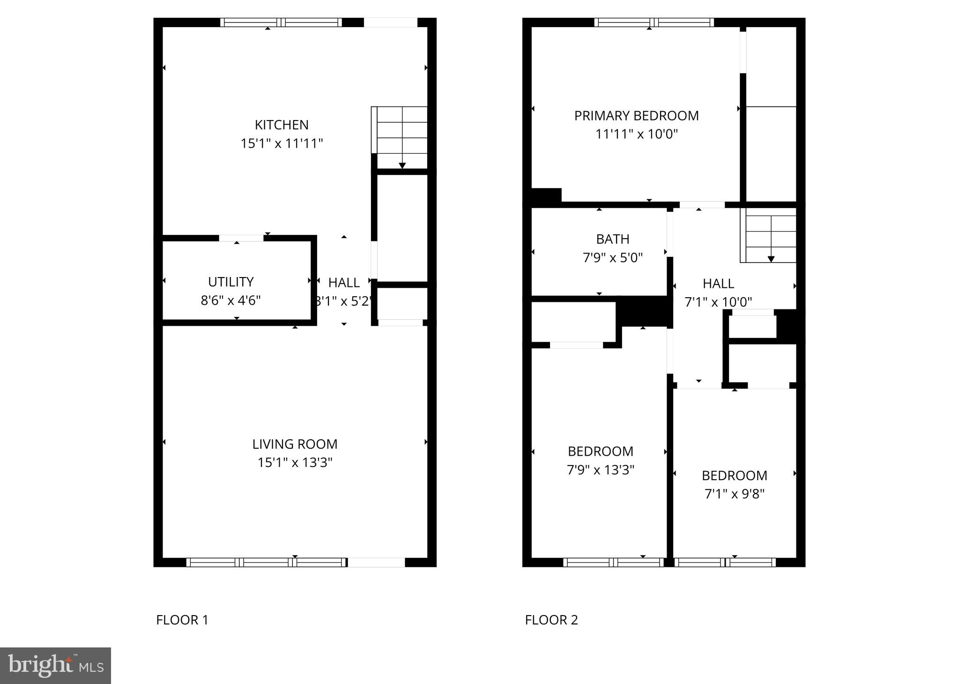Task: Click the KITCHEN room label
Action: click(282, 125)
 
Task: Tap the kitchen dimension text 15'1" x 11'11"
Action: click(282, 143)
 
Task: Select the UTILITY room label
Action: click(230, 282)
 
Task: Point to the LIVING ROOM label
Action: click(295, 444)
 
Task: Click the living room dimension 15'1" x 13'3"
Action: click(295, 463)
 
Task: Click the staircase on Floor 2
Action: click(770, 238)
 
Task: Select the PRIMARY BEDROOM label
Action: click(636, 116)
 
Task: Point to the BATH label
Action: click(612, 239)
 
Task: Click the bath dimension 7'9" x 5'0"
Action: click(612, 258)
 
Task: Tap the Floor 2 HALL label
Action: click(718, 284)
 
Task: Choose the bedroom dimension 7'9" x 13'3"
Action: click(600, 470)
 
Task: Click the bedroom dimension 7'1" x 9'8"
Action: click(734, 494)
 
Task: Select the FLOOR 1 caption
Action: click(182, 620)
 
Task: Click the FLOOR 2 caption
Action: click(551, 620)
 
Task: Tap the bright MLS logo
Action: click(55, 666)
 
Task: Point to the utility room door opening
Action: click(241, 238)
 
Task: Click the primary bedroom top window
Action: click(654, 22)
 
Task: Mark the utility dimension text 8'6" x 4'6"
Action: click(230, 301)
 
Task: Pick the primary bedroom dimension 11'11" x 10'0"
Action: click(636, 135)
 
